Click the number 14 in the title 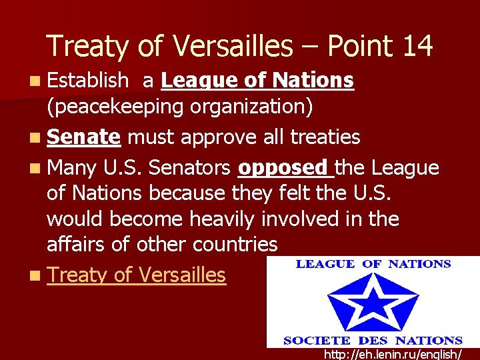pos(417,47)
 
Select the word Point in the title pos(360,47)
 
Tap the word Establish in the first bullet pos(87,81)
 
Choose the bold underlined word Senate pos(83,137)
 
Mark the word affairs pos(77,244)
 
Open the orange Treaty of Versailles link pos(137,274)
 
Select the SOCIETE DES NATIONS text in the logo pos(373,340)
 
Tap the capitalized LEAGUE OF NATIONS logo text pos(373,264)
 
